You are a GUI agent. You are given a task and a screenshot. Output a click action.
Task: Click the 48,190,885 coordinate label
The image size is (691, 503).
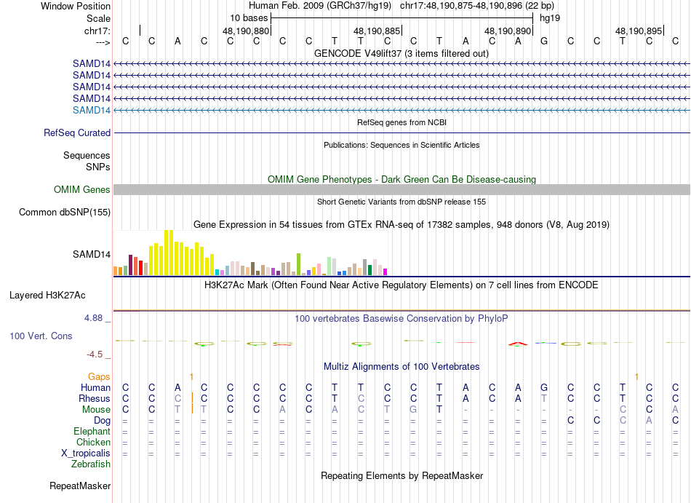(x=377, y=31)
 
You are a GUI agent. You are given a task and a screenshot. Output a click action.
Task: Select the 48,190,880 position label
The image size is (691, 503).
(x=246, y=31)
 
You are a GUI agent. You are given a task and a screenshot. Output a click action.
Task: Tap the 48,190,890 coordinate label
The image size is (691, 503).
(x=508, y=31)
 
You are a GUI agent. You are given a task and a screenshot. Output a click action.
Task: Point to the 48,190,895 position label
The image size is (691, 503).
(x=639, y=31)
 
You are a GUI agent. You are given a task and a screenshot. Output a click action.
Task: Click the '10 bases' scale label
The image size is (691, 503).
(x=249, y=17)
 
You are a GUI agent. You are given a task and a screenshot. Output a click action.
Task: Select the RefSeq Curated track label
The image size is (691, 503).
(x=77, y=133)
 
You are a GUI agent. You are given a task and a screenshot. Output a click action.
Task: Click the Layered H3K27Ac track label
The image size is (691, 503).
(x=47, y=296)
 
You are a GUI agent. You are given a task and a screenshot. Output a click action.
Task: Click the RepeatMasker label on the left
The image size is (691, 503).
(x=80, y=486)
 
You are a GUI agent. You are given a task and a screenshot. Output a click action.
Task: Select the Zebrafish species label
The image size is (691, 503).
(x=91, y=464)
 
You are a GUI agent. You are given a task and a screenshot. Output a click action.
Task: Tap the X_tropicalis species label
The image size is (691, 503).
(x=86, y=453)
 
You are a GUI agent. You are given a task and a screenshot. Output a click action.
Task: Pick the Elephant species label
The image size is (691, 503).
(x=92, y=432)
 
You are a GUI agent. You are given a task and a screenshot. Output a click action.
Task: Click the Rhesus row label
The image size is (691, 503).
(x=95, y=399)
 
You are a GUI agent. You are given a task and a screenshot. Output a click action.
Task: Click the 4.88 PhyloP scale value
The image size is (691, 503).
(x=96, y=318)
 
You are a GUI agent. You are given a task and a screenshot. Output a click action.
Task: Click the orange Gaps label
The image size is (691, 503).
(x=99, y=376)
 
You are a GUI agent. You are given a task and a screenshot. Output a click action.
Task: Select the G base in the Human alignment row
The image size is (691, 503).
(x=544, y=387)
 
